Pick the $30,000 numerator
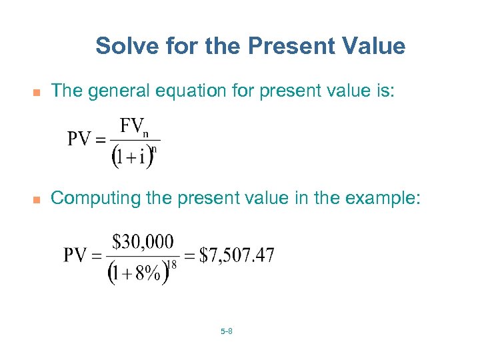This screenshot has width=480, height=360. click(x=143, y=241)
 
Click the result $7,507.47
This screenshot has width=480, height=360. click(x=237, y=255)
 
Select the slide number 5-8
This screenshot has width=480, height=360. click(x=225, y=331)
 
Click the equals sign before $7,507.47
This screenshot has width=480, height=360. click(x=189, y=255)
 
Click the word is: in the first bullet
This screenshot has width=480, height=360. click(x=383, y=90)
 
